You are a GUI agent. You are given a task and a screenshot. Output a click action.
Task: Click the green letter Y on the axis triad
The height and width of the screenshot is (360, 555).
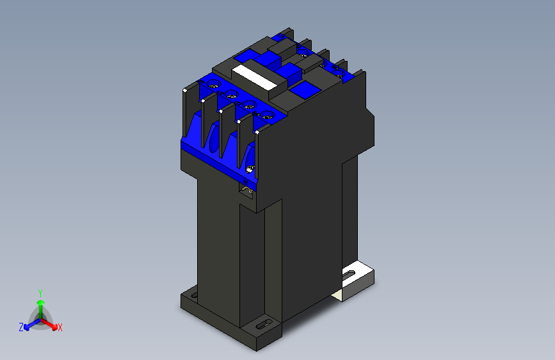click(40, 291)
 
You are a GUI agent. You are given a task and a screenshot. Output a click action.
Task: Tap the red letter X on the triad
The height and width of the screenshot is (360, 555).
click(60, 327)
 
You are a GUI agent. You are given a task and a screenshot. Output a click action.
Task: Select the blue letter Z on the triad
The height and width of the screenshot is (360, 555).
click(21, 327)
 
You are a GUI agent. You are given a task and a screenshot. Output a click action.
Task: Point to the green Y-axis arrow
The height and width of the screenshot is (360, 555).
click(40, 306)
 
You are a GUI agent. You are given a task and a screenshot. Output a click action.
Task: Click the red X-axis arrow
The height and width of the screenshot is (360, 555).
click(51, 324)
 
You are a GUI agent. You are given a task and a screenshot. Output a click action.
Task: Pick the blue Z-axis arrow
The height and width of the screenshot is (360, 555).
click(29, 324)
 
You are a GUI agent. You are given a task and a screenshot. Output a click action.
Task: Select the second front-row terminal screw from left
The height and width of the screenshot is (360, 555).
click(230, 95)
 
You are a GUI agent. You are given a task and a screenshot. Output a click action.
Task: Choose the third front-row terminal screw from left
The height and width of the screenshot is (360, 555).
click(248, 106)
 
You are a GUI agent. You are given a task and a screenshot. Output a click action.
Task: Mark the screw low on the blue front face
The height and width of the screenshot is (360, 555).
click(250, 169)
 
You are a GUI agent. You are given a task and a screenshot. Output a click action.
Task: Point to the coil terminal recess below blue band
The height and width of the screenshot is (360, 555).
click(246, 188)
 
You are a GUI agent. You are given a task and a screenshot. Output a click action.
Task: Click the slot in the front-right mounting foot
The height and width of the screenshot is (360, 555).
click(261, 327)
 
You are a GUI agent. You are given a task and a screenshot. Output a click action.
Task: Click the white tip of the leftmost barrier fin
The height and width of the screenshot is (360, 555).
click(184, 92)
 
